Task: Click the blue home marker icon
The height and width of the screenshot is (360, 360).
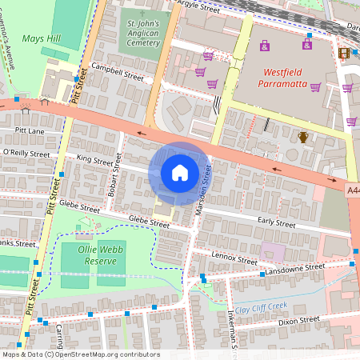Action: click(180, 173)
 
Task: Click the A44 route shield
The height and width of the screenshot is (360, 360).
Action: click(353, 190)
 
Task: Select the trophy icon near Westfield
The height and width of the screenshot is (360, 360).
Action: click(303, 138)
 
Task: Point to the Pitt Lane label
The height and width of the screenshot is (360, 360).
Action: click(30, 130)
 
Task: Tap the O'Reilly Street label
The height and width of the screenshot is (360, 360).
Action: click(26, 153)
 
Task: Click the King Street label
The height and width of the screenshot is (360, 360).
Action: click(94, 162)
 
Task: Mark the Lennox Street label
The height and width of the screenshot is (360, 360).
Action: click(234, 258)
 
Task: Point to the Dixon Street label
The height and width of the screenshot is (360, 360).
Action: click(298, 320)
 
